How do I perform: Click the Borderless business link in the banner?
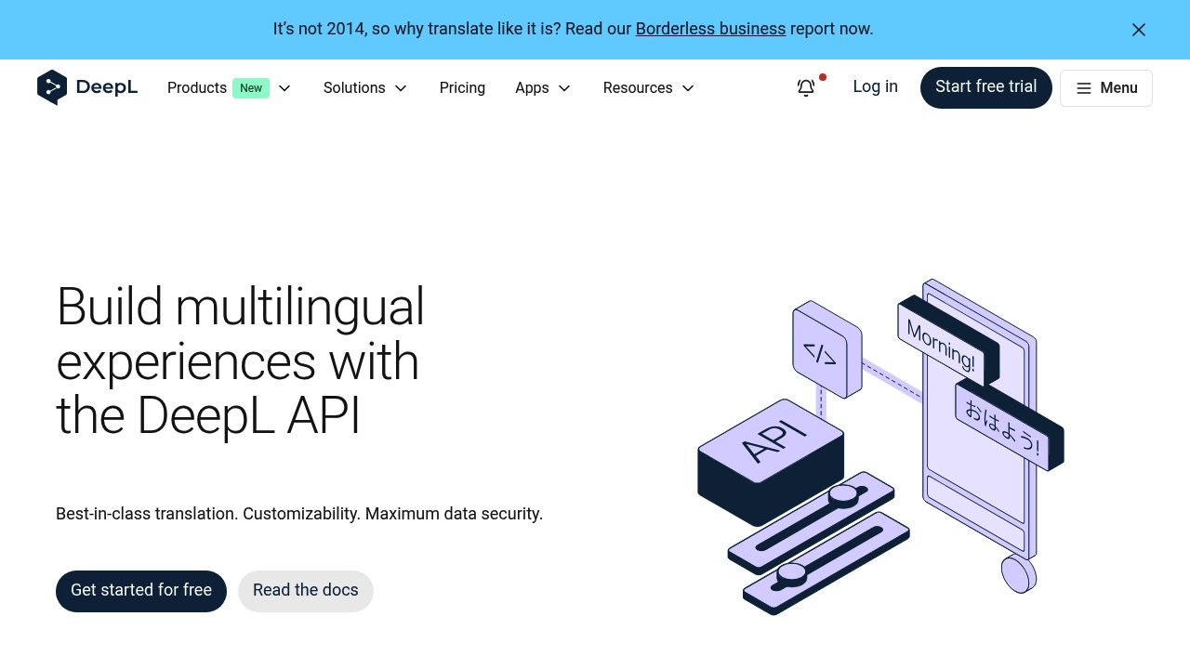[x=710, y=29]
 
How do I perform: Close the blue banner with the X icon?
[x=1138, y=30]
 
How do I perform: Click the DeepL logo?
[x=87, y=87]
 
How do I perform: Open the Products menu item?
[x=197, y=87]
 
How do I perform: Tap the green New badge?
[x=251, y=88]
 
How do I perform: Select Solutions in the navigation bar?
[x=354, y=87]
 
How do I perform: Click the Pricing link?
[x=462, y=87]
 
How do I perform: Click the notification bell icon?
[x=806, y=87]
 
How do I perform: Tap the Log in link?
[x=875, y=86]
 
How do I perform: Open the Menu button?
[x=1105, y=88]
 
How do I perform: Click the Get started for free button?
[x=141, y=591]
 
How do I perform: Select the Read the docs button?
[x=305, y=591]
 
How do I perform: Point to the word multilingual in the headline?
[x=299, y=307]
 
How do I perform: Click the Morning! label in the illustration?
[x=941, y=346]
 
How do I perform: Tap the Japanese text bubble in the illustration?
[x=1001, y=426]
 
